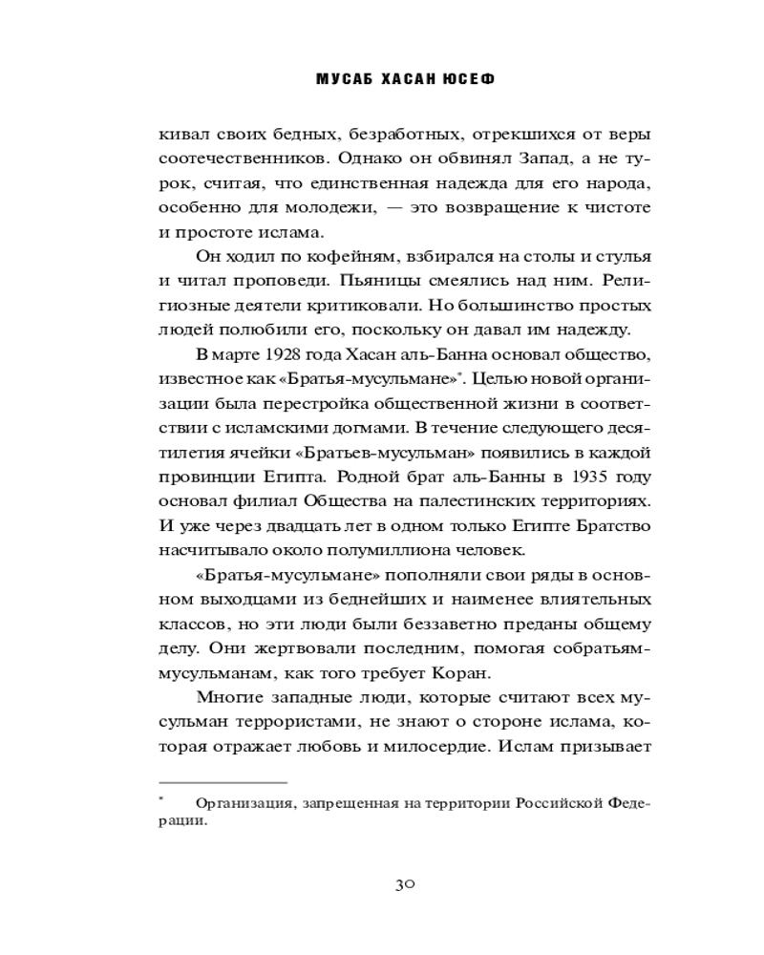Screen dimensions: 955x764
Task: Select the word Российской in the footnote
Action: (x=558, y=802)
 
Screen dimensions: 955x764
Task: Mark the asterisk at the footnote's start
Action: (x=162, y=797)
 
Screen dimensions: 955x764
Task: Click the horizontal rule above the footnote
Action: (x=223, y=780)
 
